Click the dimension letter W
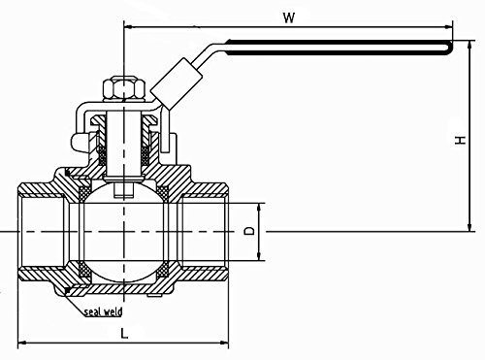point(289,17)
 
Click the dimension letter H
point(460,140)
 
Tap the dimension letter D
point(249,231)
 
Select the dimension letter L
point(124,333)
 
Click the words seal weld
point(104,311)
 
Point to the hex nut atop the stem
point(123,88)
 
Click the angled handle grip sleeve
point(177,82)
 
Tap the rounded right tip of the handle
point(450,48)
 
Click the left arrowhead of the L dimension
point(21,343)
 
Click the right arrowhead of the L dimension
point(224,343)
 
